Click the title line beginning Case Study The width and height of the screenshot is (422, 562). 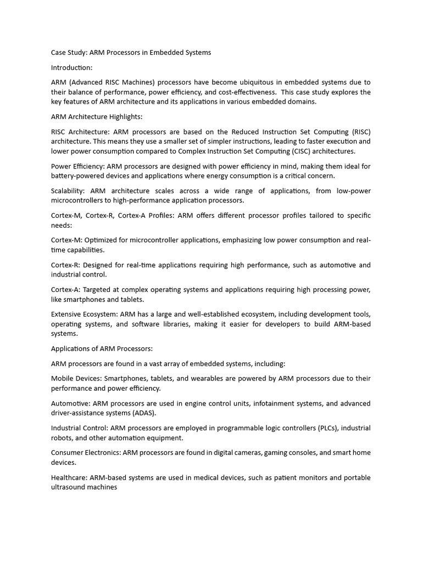click(x=131, y=52)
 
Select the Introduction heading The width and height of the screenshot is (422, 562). click(x=71, y=68)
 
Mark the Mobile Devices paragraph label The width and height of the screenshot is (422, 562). click(x=76, y=379)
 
